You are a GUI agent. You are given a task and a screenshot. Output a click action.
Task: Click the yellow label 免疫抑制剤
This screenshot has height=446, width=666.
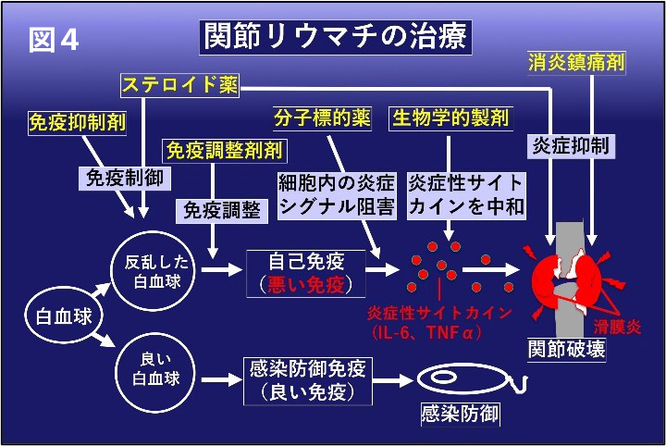tap(78, 121)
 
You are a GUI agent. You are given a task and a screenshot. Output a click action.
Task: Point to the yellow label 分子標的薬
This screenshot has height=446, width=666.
tap(322, 118)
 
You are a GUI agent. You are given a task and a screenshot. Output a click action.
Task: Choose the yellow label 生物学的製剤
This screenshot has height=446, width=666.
tap(450, 118)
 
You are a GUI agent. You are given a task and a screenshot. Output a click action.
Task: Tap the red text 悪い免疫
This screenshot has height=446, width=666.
tap(306, 282)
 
